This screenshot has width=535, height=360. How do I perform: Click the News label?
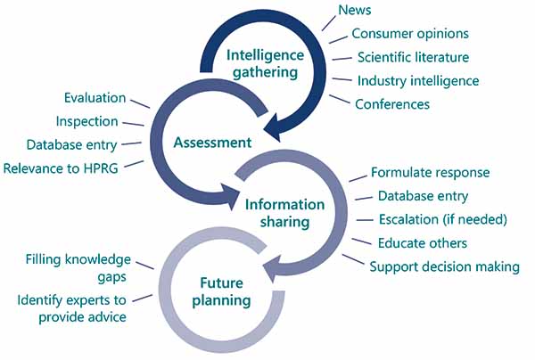(355, 11)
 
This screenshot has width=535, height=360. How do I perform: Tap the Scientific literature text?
(413, 57)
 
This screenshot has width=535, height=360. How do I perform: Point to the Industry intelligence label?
(418, 80)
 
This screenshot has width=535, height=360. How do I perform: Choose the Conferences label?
(392, 104)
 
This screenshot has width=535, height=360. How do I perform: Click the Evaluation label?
(95, 97)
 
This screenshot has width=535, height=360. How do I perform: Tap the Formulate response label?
(431, 173)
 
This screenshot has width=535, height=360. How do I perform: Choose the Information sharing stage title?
(284, 212)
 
